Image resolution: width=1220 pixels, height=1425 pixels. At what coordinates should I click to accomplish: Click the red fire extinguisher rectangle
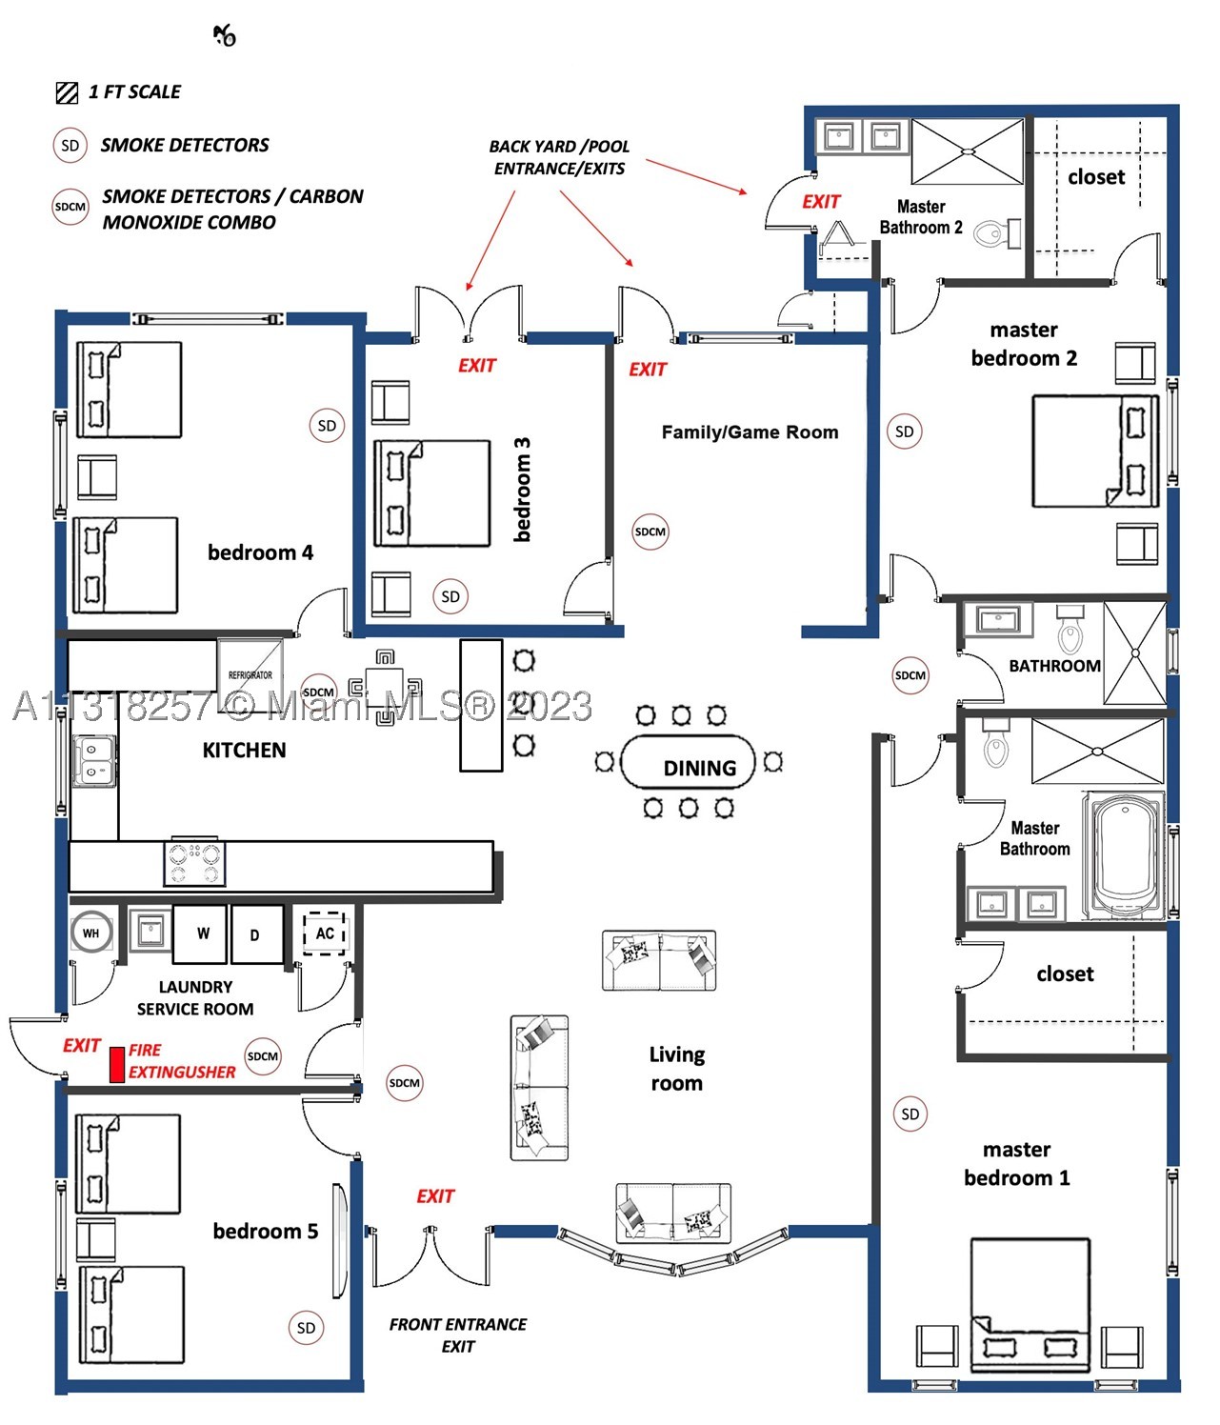pos(117,1064)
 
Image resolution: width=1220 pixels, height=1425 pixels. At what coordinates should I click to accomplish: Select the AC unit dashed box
pos(324,933)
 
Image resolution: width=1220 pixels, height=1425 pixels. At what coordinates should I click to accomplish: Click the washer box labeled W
pos(200,933)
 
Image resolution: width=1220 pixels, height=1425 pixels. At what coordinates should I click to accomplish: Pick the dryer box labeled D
pos(257,934)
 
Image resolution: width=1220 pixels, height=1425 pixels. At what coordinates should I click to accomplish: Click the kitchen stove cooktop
pos(194,862)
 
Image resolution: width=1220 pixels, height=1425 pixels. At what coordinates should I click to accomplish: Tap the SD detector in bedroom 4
pos(327,426)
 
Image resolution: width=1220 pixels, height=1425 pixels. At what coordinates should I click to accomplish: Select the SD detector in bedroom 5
pos(306,1328)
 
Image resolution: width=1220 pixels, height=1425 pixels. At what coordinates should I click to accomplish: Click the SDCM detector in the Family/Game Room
pos(650,532)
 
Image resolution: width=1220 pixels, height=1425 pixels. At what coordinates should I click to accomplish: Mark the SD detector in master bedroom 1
pos(910,1114)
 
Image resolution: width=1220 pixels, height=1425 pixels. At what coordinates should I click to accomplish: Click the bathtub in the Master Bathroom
pos(1124,854)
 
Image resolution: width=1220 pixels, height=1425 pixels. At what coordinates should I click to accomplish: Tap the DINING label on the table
pos(700,768)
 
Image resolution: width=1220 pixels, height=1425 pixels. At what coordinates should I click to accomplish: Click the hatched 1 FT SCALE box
pos(67,92)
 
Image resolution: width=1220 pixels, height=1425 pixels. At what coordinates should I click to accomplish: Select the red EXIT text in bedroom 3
pos(477,366)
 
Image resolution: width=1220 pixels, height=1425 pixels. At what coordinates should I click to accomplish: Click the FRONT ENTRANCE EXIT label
pos(458,1335)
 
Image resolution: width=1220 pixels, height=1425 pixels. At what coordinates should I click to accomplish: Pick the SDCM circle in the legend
pos(70,207)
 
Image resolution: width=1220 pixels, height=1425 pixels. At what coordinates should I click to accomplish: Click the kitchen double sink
pos(94,760)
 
